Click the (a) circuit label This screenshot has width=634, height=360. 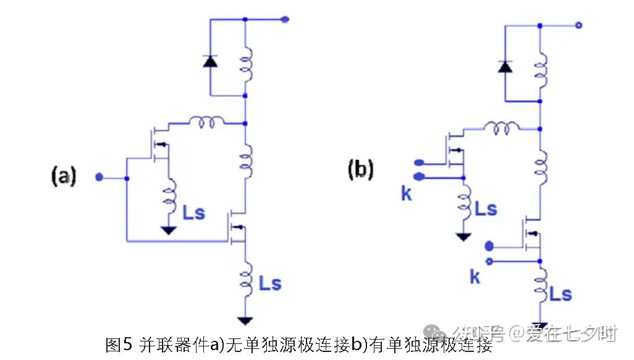point(64,177)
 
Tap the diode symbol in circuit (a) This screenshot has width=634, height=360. point(210,61)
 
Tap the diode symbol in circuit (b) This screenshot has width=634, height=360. point(505,65)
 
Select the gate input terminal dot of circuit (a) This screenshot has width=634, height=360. point(99,178)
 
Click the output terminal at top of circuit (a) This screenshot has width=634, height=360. point(285,19)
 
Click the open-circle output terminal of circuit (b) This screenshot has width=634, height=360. point(578,25)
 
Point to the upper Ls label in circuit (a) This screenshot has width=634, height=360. point(193,213)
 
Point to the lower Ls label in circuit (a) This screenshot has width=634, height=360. point(270,284)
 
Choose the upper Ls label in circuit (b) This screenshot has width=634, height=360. point(485,209)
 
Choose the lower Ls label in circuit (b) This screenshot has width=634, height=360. point(560,295)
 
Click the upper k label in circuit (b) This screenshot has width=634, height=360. point(406,194)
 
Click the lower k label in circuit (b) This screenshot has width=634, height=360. point(475,277)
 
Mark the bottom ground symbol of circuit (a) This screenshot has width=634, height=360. point(245,320)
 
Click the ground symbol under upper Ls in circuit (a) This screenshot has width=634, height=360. point(167,230)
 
